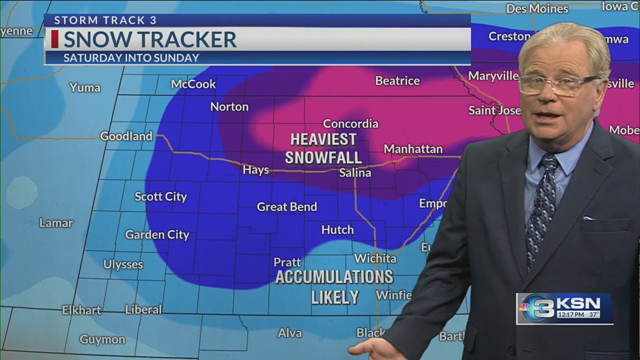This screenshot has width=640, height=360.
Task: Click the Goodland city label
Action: pos(126,136)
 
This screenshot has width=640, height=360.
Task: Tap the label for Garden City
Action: pos(157,234)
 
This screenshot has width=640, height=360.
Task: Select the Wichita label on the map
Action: pos(375,258)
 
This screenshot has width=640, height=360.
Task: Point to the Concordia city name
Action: pos(350,123)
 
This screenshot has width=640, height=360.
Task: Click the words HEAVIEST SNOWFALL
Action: pos(323,148)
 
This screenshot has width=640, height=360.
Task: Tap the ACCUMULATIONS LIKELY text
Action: pos(334,286)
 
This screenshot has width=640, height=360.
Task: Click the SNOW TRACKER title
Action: pos(149,39)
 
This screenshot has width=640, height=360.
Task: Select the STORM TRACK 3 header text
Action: pos(105,20)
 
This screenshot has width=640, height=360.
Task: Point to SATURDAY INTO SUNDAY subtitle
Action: pos(131,57)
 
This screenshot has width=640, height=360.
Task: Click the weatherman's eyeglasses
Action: pos(559,84)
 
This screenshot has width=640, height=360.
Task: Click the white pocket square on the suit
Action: pos(588,218)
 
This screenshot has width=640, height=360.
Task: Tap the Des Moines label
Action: pos(537,8)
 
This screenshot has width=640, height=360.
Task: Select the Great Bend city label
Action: pos(286,206)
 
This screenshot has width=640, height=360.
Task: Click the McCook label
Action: pos(193,84)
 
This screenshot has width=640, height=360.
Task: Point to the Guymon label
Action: pos(102,339)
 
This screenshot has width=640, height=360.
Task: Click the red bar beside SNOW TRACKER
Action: pos(54,39)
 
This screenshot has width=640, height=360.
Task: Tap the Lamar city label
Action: pos(56,223)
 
